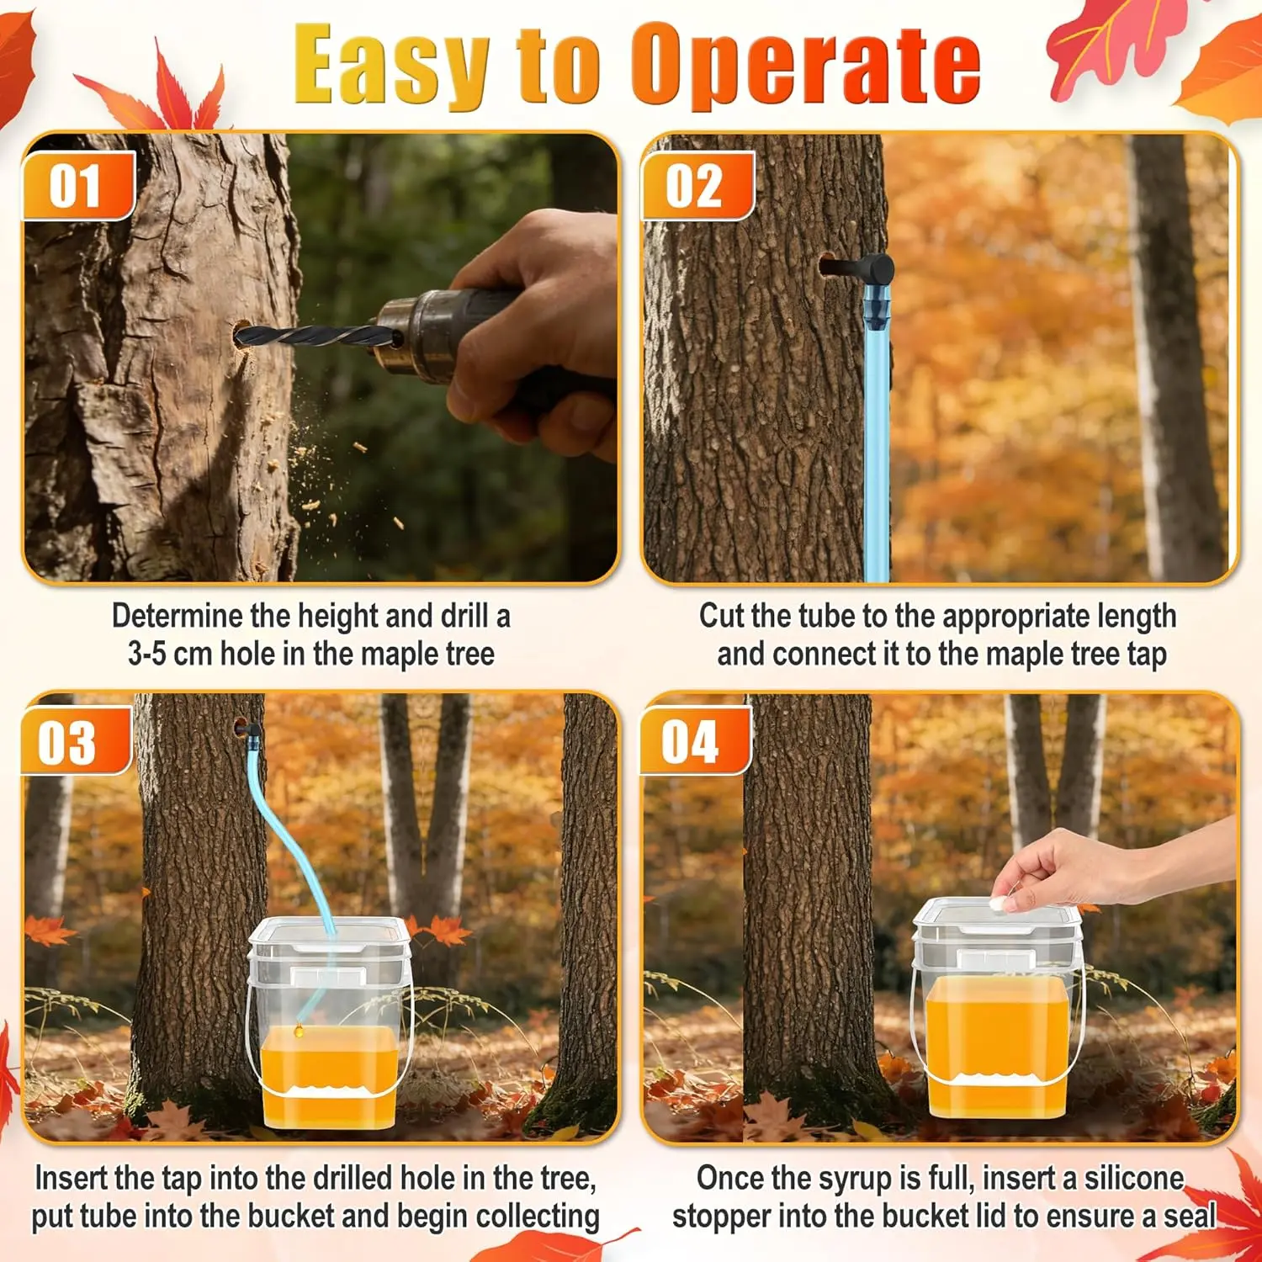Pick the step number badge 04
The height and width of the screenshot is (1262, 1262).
[693, 741]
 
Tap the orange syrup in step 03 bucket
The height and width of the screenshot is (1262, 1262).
[328, 1077]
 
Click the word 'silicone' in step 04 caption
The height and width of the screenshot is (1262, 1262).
[1133, 1178]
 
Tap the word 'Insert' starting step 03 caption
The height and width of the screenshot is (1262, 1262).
[70, 1178]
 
